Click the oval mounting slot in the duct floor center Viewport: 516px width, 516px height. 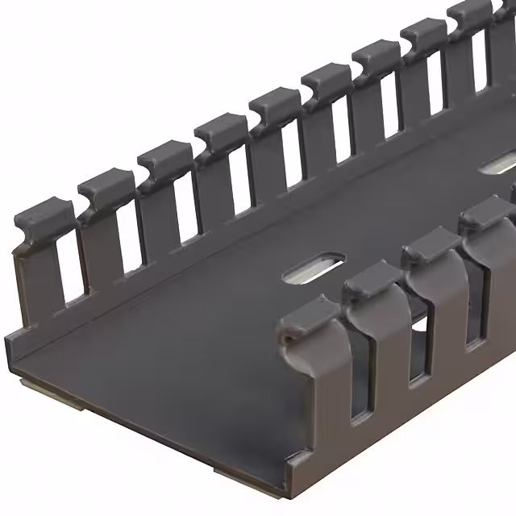pos(314,268)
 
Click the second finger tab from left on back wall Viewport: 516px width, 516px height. pos(106,187)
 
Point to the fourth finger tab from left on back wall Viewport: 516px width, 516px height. pos(219,131)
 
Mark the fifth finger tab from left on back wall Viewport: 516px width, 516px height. pos(274,107)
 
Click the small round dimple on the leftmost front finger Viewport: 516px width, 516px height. pos(287,343)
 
